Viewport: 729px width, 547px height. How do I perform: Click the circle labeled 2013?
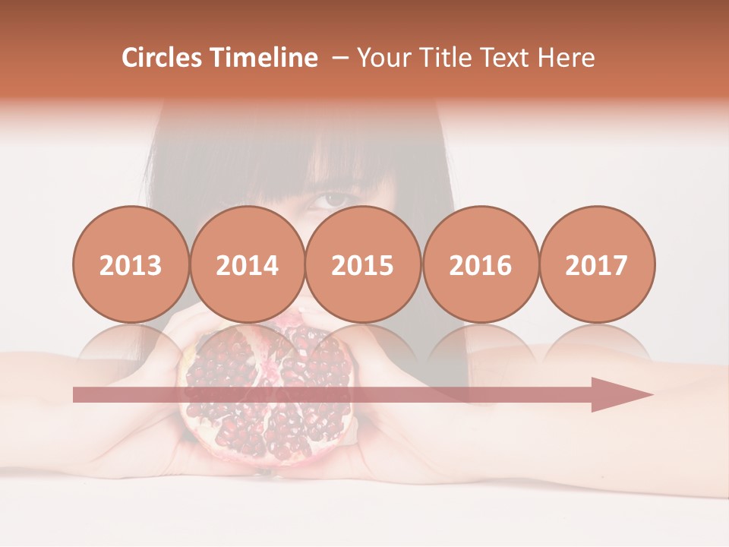[131, 264]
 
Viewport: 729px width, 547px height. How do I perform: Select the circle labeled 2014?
[247, 264]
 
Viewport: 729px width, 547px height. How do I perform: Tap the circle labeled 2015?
[363, 264]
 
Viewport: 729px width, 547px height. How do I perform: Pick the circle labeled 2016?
[480, 264]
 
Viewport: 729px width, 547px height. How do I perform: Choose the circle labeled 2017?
[596, 264]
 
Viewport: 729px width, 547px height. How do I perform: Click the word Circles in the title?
[163, 58]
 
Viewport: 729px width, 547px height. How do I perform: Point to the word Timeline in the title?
[265, 58]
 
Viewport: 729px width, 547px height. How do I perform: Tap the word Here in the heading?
[566, 58]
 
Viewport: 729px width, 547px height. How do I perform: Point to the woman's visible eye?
[332, 200]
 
